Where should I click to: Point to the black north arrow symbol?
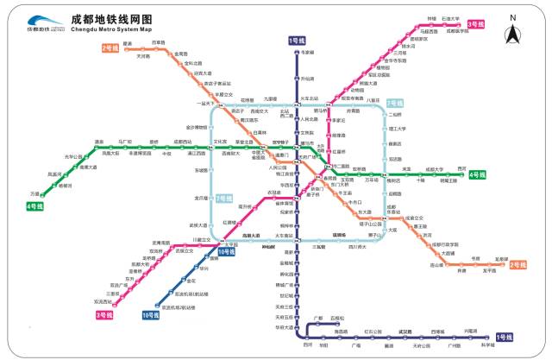(x=512, y=32)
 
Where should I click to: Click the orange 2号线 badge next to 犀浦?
(x=110, y=48)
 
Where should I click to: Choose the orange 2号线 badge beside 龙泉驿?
(x=518, y=264)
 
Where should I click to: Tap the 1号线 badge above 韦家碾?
(x=297, y=41)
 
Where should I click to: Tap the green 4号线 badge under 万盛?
(x=34, y=206)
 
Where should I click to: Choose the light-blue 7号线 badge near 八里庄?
(x=395, y=103)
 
